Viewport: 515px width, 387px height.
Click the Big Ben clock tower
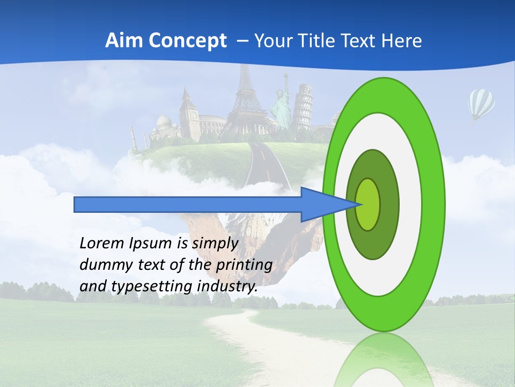pos(188,113)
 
